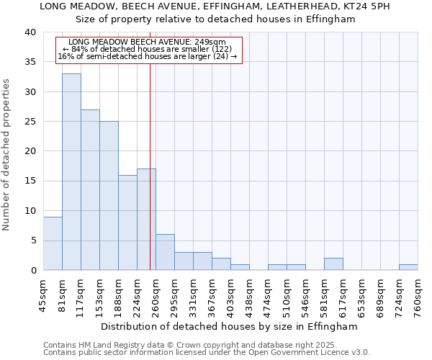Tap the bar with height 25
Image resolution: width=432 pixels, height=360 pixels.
(109, 195)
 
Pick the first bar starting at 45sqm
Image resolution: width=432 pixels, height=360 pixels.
(53, 243)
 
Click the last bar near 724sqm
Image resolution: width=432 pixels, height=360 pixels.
(408, 267)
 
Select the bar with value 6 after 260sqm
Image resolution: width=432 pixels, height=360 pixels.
(165, 252)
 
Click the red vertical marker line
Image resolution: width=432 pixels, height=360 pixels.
(150, 180)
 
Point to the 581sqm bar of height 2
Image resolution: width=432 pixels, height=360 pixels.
(333, 264)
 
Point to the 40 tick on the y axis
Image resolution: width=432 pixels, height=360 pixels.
(30, 32)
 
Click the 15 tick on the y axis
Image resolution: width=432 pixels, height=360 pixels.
(30, 181)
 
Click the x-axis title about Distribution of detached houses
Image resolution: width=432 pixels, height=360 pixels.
(229, 326)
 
